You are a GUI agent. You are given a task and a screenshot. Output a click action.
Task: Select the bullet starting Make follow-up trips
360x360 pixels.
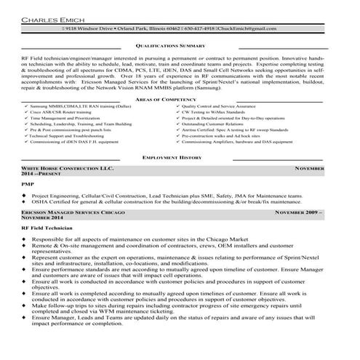point(175,327)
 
